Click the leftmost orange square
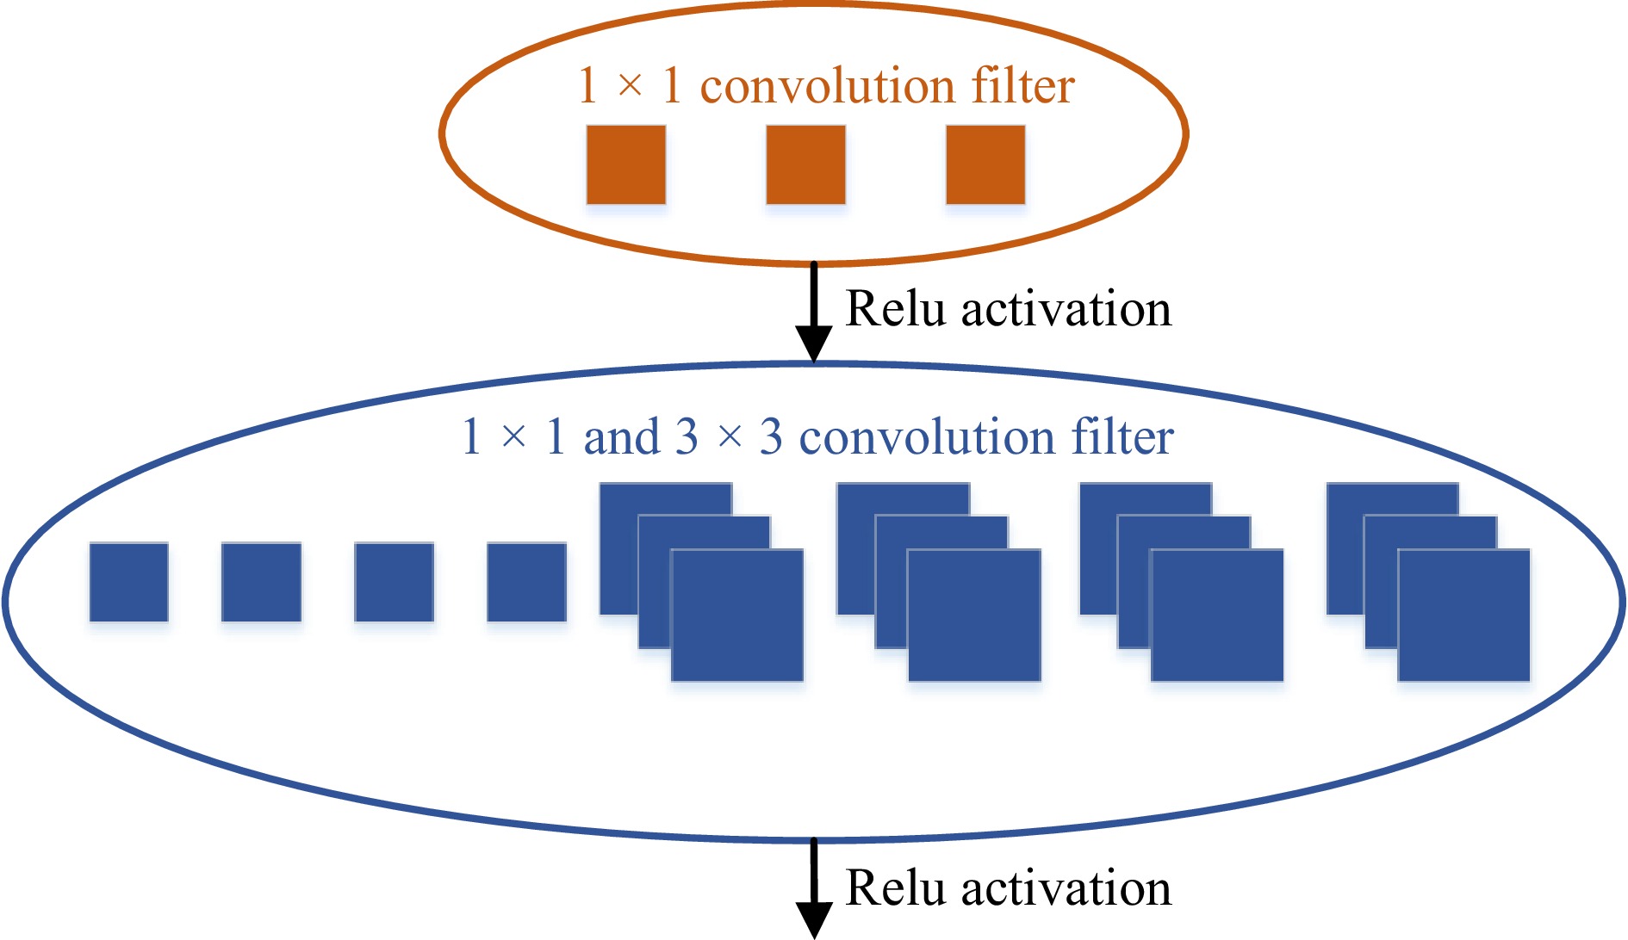point(626,164)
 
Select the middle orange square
point(805,164)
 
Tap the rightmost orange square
point(985,164)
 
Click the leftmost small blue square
point(129,582)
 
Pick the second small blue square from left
point(262,582)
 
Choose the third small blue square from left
point(395,582)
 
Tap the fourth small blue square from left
point(527,582)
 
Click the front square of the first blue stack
point(737,615)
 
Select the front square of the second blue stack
point(974,615)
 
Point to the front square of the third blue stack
point(1217,615)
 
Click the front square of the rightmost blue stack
point(1464,615)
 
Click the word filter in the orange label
point(1023,86)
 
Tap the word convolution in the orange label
point(828,86)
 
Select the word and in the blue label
point(621,436)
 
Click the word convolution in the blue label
point(927,436)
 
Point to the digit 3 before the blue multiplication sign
point(687,436)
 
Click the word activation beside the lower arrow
point(1066,887)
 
